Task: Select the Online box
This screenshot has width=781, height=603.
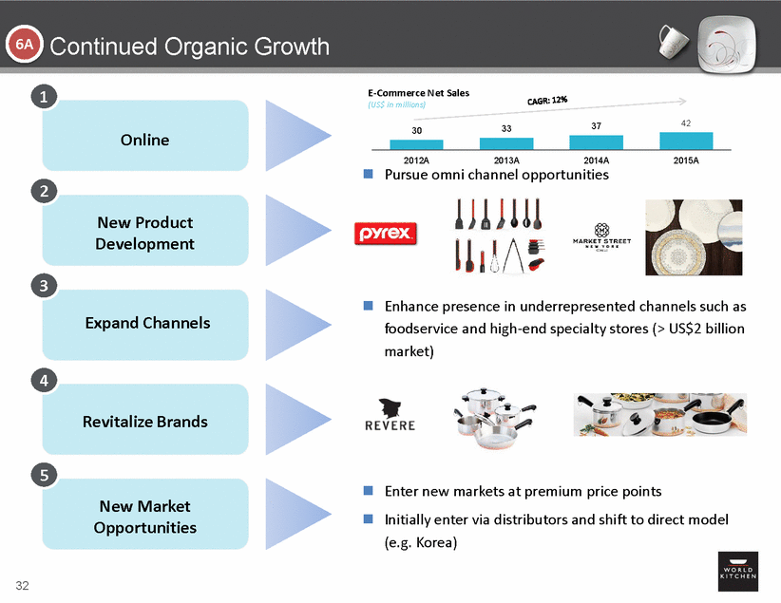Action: pos(144,140)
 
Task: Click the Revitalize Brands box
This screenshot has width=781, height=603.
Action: pos(144,422)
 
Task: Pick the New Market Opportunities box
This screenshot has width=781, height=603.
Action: pos(144,517)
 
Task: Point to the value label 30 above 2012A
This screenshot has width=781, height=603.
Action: pos(416,129)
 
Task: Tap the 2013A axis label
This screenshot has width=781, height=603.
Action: pos(505,160)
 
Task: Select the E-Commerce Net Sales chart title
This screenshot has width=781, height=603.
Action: pos(418,93)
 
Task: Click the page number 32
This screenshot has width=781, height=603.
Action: pos(22,583)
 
